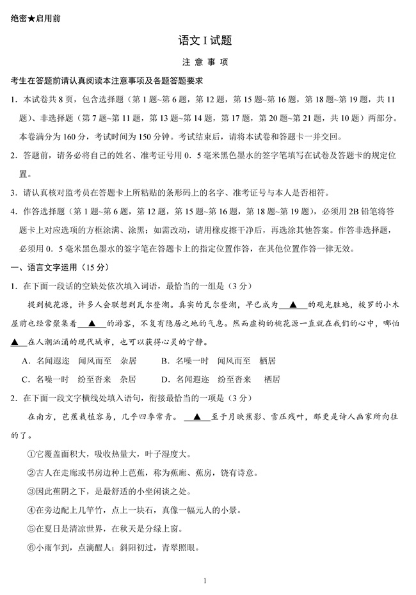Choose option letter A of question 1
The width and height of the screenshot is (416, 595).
pos(25,361)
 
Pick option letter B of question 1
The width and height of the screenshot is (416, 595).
pos(164,361)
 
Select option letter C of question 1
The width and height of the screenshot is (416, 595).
pos(25,379)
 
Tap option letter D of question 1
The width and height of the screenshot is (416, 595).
pos(164,379)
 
